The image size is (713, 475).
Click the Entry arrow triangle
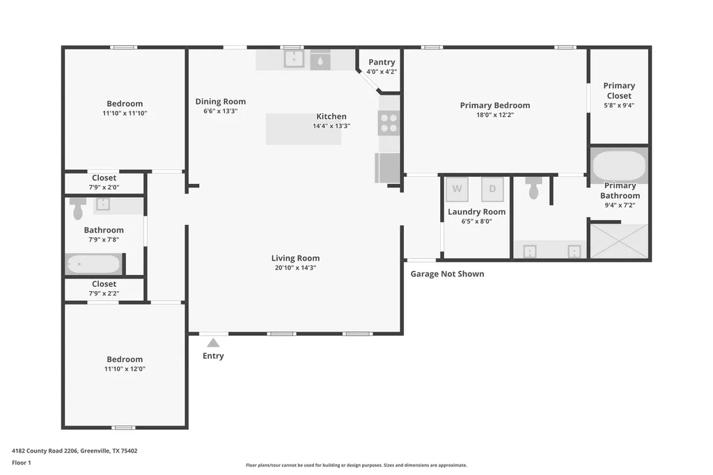[x=213, y=343]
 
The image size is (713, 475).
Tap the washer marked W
[x=457, y=189]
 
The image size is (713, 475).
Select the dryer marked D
[x=492, y=189]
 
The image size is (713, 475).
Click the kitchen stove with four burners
[x=389, y=123]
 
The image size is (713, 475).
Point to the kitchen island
[x=304, y=130]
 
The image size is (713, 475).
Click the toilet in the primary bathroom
[x=533, y=187]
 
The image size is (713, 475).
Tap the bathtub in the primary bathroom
[x=619, y=166]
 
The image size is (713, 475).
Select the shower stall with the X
[x=619, y=241]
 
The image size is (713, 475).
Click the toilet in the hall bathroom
[x=78, y=208]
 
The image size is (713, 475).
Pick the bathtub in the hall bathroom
[x=93, y=264]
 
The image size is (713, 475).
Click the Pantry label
[x=382, y=62]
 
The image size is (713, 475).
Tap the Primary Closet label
[x=619, y=91]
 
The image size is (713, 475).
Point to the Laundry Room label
[x=476, y=212]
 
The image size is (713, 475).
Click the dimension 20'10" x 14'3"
[x=295, y=267]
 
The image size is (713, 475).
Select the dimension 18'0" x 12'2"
[x=495, y=115]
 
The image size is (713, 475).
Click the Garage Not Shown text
[x=448, y=274]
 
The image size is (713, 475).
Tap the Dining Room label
[x=221, y=102]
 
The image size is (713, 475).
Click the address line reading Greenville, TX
[x=75, y=451]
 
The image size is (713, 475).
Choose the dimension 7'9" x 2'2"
[x=104, y=293]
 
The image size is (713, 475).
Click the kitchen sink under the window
[x=294, y=59]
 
